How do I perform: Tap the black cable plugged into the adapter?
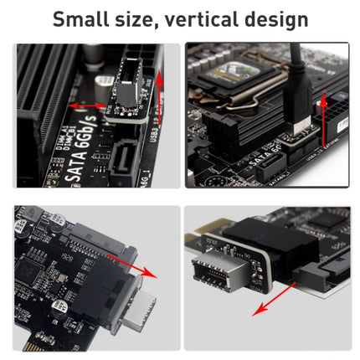[x=297, y=84]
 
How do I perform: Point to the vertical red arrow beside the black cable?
[x=322, y=126]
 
